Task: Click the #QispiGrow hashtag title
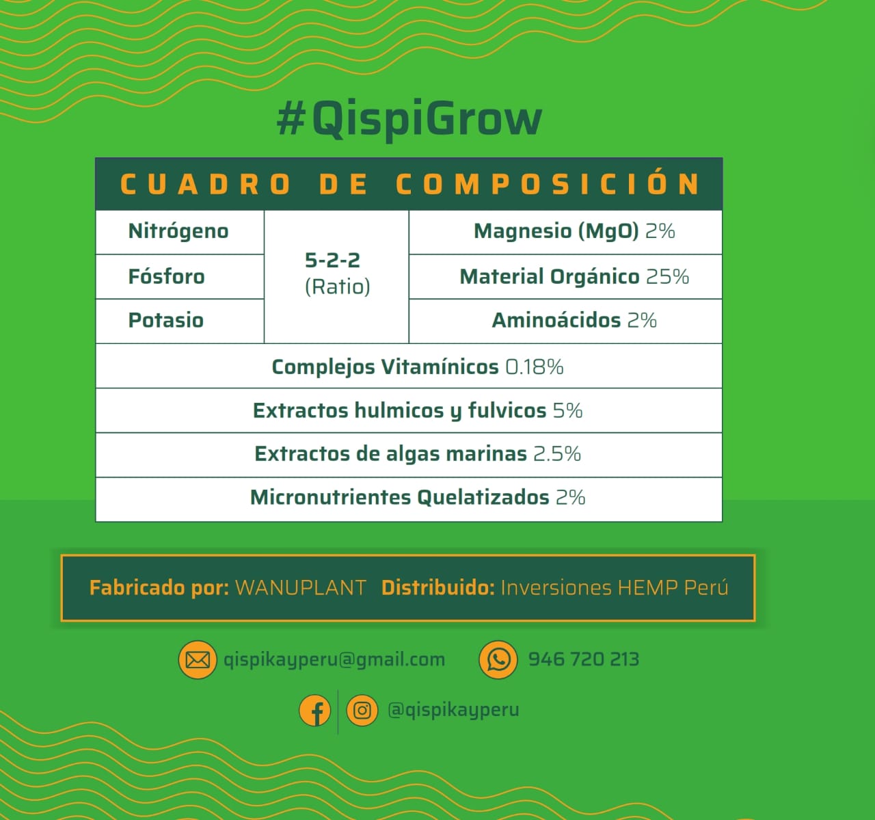click(x=409, y=119)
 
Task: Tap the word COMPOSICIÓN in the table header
click(x=547, y=184)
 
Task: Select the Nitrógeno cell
click(x=180, y=232)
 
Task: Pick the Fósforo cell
click(x=180, y=277)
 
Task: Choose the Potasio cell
click(x=180, y=321)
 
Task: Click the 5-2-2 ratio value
click(x=333, y=260)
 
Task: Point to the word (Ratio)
click(x=338, y=287)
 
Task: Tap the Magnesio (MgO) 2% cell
click(x=566, y=232)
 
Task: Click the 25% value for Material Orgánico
click(x=667, y=277)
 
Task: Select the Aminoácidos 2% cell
click(x=566, y=321)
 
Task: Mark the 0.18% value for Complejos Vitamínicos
click(x=535, y=367)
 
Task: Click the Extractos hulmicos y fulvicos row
click(x=409, y=410)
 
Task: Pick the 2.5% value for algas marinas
click(x=557, y=453)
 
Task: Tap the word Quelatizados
click(x=483, y=497)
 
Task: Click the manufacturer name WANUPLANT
click(x=301, y=587)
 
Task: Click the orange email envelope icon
click(x=198, y=659)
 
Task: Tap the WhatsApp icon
click(x=498, y=659)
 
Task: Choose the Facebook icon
click(x=314, y=710)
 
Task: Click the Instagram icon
click(x=362, y=710)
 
